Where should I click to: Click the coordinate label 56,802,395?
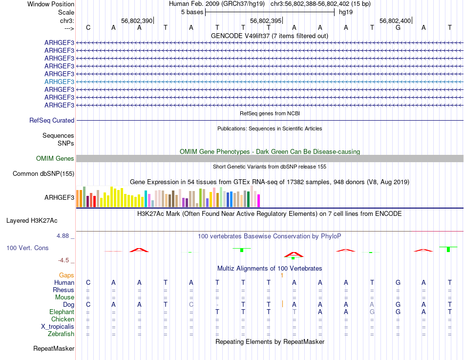[x=266, y=21]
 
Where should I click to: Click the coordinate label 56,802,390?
[x=137, y=21]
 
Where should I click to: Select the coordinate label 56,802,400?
[x=395, y=21]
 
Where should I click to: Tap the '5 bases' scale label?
[x=192, y=12]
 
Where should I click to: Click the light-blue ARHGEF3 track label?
[x=59, y=82]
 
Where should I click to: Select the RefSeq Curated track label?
[x=52, y=120]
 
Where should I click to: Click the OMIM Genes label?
[x=55, y=158]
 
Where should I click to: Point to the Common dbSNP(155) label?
[x=43, y=173]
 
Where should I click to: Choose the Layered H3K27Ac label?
[x=40, y=220]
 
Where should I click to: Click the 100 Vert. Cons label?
[x=27, y=248]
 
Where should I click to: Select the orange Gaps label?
[x=66, y=275]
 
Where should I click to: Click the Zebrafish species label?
[x=61, y=334]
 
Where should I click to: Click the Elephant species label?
[x=62, y=312]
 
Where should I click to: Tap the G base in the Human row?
[x=398, y=282]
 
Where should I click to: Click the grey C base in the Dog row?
[x=191, y=304]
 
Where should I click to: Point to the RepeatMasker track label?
[x=54, y=349]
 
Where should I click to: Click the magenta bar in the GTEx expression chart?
[x=258, y=200]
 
